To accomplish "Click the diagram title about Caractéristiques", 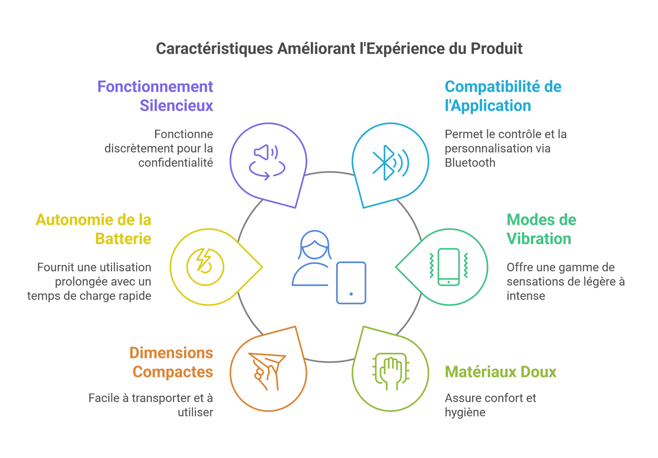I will (x=339, y=48).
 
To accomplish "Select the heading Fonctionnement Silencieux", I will (x=155, y=96).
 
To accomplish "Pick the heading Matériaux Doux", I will (x=500, y=371).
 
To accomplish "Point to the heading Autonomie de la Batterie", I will (x=93, y=229).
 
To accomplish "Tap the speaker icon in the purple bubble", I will (x=265, y=153).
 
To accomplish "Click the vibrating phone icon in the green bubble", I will (x=449, y=267).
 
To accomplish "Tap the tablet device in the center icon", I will (x=351, y=282).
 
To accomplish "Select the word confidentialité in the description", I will (x=176, y=163).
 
